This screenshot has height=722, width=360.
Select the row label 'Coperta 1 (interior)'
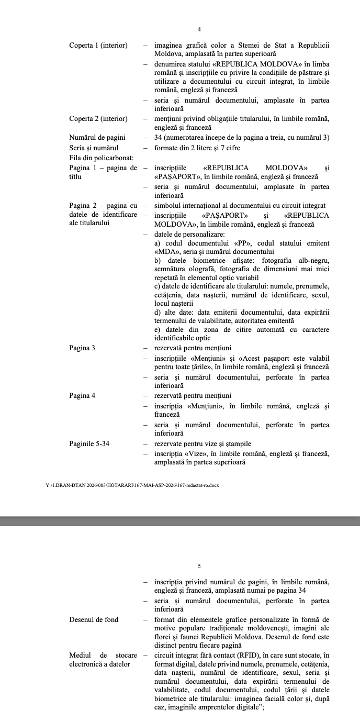[98, 46]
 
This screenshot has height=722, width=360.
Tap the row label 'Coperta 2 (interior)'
[98, 119]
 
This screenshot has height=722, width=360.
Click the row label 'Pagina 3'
[82, 348]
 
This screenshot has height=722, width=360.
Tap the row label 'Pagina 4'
[82, 395]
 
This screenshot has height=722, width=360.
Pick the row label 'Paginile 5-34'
[89, 444]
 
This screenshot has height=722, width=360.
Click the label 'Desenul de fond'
[94, 619]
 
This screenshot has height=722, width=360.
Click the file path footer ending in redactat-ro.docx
[132, 485]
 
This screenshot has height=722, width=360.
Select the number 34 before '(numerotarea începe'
[159, 138]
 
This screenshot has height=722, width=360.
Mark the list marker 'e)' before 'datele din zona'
[157, 330]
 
